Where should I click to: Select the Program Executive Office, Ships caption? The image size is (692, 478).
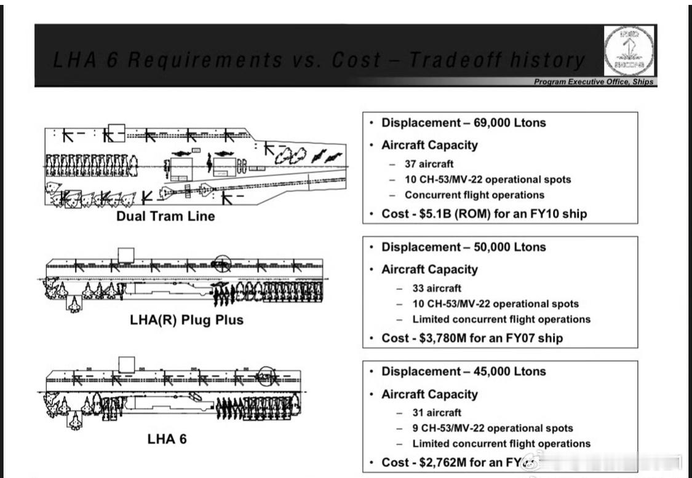(593, 82)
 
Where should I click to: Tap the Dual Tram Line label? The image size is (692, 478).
(165, 216)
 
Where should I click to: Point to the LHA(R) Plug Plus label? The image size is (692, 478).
(186, 319)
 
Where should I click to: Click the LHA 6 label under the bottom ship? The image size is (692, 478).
(167, 439)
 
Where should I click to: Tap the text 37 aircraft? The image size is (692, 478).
(429, 163)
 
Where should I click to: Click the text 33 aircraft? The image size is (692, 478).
(437, 288)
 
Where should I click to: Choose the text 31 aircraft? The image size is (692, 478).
(437, 412)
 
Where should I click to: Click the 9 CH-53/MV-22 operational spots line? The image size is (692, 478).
(492, 428)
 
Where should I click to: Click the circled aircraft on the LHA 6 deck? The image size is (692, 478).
(266, 375)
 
